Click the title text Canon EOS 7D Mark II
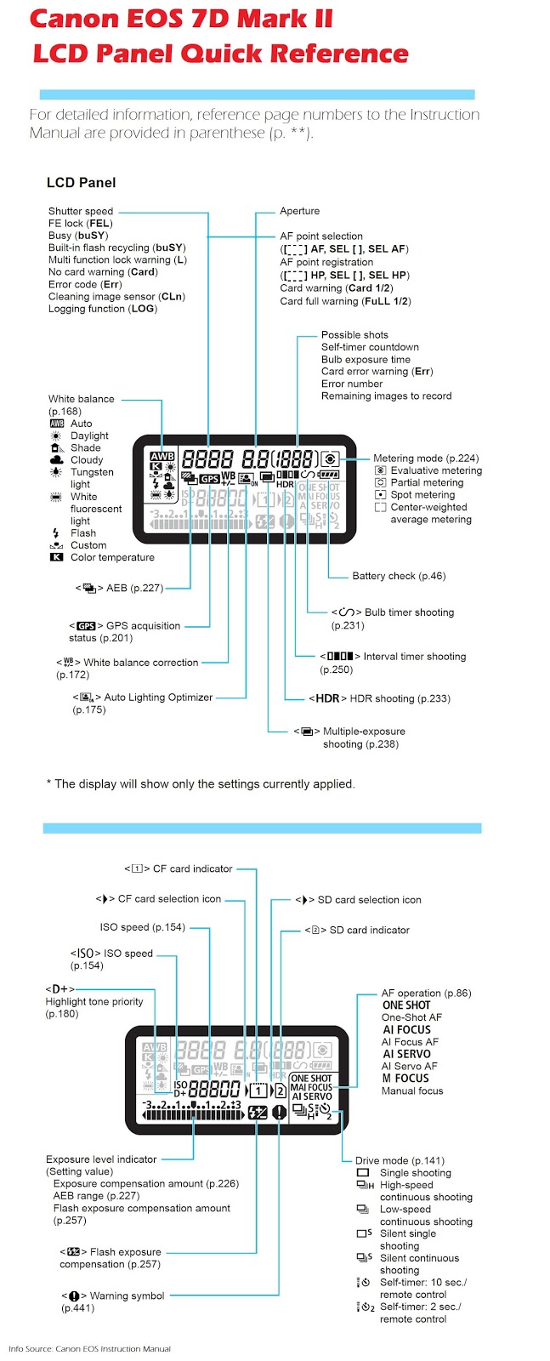pyautogui.click(x=181, y=19)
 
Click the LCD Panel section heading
pyautogui.click(x=81, y=182)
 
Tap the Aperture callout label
pyautogui.click(x=299, y=211)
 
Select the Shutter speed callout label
pyautogui.click(x=81, y=211)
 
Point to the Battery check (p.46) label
pyautogui.click(x=399, y=576)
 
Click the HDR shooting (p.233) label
pyautogui.click(x=379, y=698)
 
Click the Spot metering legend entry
pyautogui.click(x=422, y=494)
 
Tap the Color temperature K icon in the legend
pyautogui.click(x=56, y=557)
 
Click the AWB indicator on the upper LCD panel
pyautogui.click(x=162, y=456)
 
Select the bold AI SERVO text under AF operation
pyautogui.click(x=406, y=1054)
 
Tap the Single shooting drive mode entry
pyautogui.click(x=415, y=1173)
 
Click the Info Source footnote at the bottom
pyautogui.click(x=89, y=1348)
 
